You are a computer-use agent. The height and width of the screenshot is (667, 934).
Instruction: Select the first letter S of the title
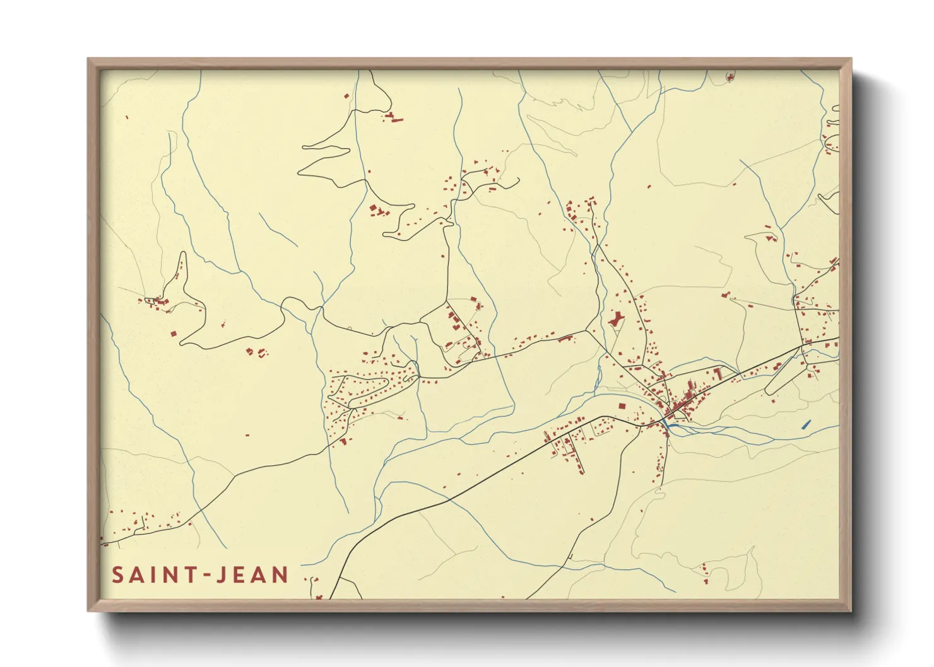click(x=117, y=575)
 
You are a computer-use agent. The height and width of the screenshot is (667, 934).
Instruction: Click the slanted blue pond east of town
click(x=806, y=424)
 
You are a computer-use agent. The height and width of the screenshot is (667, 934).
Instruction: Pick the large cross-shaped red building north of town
click(x=616, y=319)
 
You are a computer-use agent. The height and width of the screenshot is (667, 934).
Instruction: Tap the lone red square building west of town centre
click(x=622, y=407)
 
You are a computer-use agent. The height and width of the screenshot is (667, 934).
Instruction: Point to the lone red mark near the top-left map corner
click(x=127, y=117)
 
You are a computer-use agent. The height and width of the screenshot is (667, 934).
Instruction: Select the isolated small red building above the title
click(x=247, y=435)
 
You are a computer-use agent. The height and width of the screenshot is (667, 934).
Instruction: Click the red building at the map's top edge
click(x=731, y=78)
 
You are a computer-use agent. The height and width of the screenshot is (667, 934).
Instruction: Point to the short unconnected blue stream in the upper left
click(x=277, y=229)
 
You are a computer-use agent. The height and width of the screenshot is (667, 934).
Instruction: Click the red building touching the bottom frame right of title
click(x=319, y=596)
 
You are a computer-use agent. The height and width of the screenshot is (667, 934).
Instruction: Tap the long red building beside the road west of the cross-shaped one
click(x=565, y=339)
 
